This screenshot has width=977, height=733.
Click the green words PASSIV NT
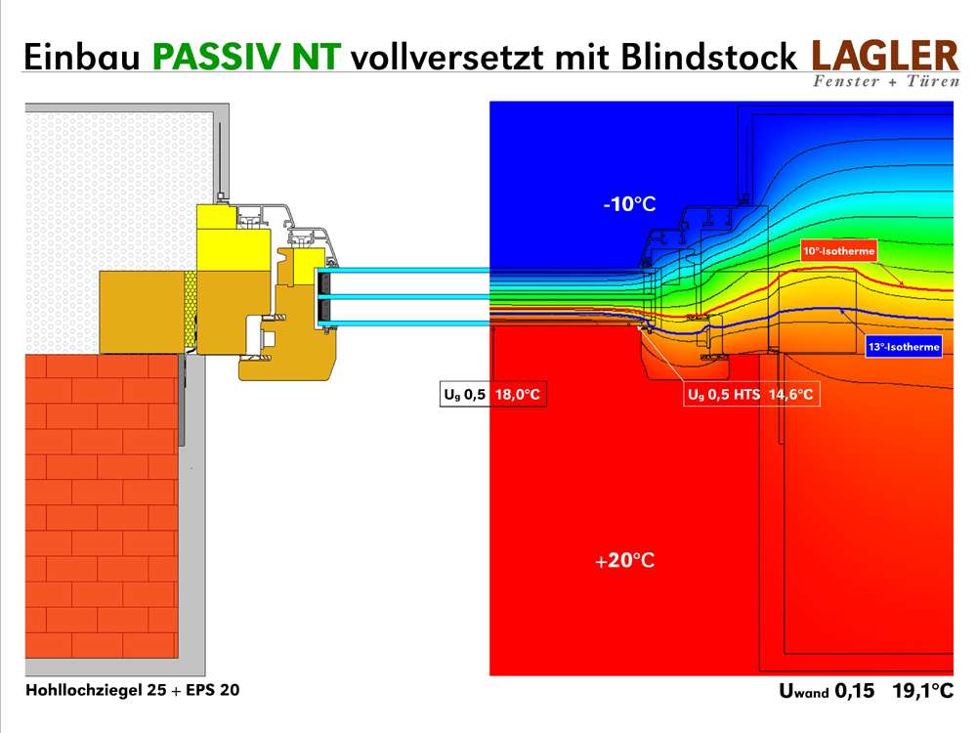[246, 57]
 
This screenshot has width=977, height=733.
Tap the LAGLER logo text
[885, 56]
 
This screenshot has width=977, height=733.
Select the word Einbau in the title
[82, 57]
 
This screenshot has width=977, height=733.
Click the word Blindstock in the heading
[709, 57]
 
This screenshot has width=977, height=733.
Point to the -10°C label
[629, 204]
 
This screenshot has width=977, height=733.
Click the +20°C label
[624, 560]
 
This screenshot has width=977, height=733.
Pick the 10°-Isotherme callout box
[838, 250]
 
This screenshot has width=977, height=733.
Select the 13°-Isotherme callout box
[904, 347]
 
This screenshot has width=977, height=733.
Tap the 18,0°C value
[517, 394]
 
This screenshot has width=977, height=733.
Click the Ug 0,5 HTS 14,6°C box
[750, 394]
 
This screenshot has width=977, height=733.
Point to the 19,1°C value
[923, 691]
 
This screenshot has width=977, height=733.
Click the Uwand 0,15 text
[827, 691]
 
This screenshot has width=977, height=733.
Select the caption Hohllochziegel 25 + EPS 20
[133, 690]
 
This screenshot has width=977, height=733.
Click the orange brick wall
[102, 506]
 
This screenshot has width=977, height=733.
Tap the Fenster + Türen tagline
[886, 81]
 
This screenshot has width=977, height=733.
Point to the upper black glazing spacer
[324, 283]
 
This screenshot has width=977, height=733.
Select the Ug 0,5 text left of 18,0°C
[464, 394]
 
